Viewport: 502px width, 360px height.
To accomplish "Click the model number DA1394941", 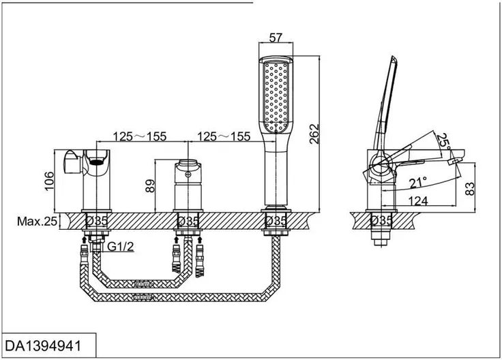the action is pyautogui.click(x=43, y=346).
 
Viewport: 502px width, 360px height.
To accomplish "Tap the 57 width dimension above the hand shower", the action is pyautogui.click(x=276, y=37).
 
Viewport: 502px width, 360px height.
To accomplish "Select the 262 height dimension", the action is pyautogui.click(x=314, y=134).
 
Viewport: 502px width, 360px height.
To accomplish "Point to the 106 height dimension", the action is pyautogui.click(x=49, y=181).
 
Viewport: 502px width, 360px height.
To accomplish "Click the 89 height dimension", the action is pyautogui.click(x=150, y=186).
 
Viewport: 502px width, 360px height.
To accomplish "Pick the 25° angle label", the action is pyautogui.click(x=444, y=141).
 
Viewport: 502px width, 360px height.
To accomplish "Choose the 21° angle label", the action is pyautogui.click(x=418, y=182).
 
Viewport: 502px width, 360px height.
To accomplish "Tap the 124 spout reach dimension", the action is pyautogui.click(x=418, y=201).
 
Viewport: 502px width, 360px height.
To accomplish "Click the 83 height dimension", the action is pyautogui.click(x=469, y=189).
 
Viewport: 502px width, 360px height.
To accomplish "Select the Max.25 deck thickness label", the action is pyautogui.click(x=37, y=221).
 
